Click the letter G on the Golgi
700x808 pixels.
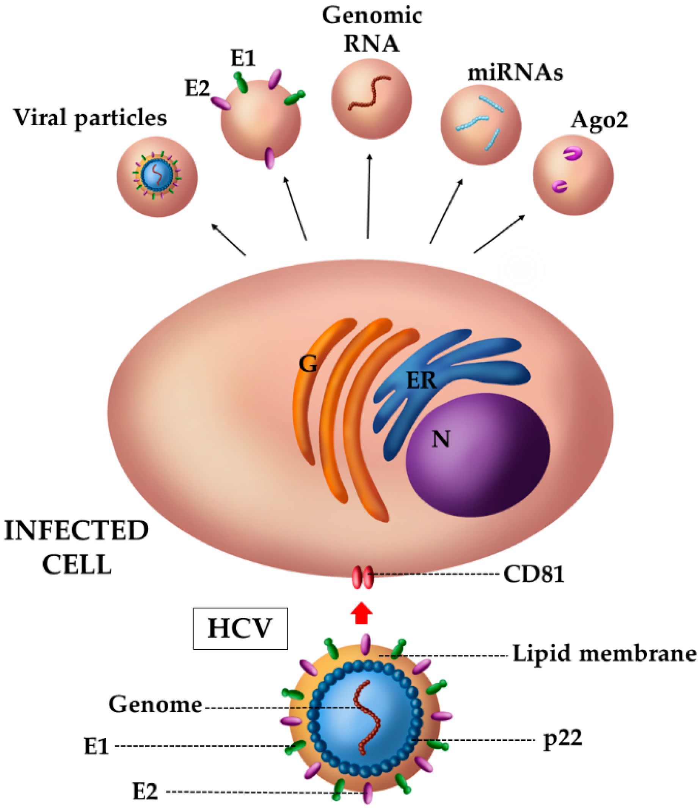(308, 364)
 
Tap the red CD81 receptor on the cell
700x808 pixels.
(363, 577)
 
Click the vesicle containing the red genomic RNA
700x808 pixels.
(371, 99)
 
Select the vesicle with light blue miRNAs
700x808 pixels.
(480, 125)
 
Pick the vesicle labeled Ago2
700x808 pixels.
(573, 175)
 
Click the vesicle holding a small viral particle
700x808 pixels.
(157, 177)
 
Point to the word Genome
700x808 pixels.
(155, 705)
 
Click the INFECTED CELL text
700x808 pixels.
(77, 547)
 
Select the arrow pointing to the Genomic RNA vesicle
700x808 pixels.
(368, 195)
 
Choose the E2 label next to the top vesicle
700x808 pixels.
(197, 89)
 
